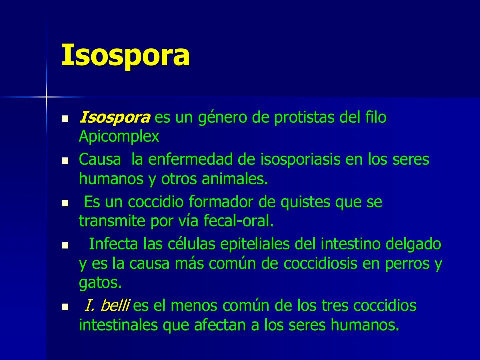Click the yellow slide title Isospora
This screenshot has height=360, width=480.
(x=125, y=55)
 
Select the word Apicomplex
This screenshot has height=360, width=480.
(x=119, y=137)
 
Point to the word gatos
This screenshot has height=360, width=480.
(x=100, y=283)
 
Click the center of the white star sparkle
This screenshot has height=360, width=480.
(x=46, y=97)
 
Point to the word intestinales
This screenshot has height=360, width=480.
(x=118, y=325)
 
